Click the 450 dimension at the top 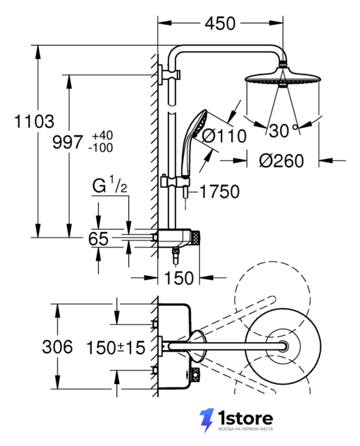(220, 23)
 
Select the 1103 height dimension (34, 121)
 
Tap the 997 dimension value (68, 141)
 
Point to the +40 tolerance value (102, 135)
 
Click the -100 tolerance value (100, 148)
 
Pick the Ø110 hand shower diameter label (224, 136)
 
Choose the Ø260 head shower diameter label (281, 161)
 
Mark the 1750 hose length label (220, 192)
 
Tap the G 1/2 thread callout (110, 185)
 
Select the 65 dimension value (98, 238)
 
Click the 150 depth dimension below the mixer (179, 277)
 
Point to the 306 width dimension (57, 347)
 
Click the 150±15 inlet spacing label (116, 348)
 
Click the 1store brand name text (246, 418)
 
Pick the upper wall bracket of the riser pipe (170, 75)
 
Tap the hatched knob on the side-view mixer (196, 238)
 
